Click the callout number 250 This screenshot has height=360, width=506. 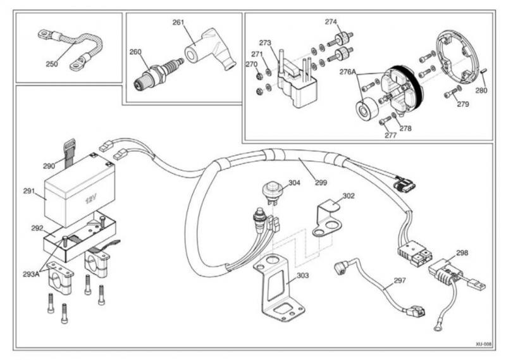click(52, 64)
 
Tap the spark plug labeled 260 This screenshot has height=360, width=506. click(157, 72)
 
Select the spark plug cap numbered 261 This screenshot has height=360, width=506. click(211, 49)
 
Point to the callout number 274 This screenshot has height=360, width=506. click(331, 22)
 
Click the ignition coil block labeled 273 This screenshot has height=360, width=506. click(297, 84)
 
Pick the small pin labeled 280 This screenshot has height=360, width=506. click(483, 71)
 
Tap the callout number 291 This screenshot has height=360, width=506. click(29, 191)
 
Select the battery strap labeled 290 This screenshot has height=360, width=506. click(69, 153)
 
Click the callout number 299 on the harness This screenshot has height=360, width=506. click(321, 183)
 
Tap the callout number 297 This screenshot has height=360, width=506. click(400, 280)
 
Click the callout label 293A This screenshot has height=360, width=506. click(31, 275)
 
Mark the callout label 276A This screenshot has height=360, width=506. click(347, 71)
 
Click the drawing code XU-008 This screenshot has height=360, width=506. click(483, 344)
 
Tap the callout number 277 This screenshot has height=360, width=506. click(390, 135)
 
